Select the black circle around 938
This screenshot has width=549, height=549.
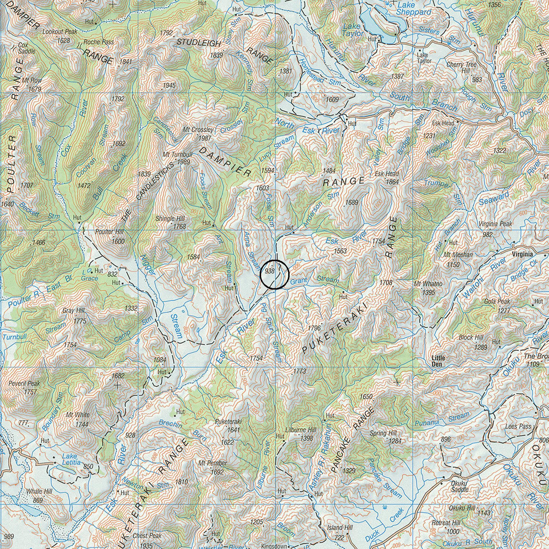274,274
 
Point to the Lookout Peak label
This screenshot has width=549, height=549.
60,32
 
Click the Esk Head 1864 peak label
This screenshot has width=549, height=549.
387,177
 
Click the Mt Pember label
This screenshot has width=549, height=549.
213,463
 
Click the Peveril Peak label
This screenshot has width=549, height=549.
24,383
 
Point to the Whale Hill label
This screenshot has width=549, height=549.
39,491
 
